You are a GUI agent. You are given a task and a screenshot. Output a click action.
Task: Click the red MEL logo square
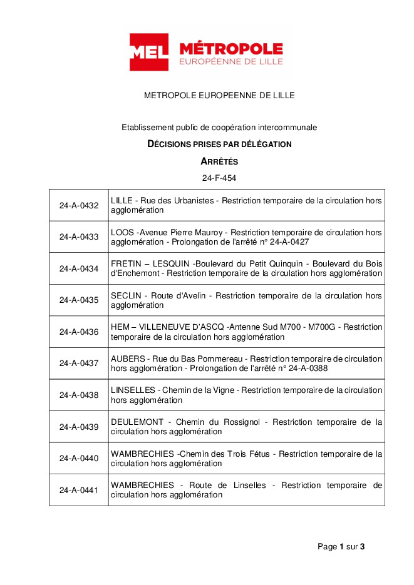pos(148,53)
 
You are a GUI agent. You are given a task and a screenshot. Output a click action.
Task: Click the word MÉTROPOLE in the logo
pos(230,49)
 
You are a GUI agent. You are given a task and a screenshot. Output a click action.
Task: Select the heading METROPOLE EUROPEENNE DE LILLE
pos(219,96)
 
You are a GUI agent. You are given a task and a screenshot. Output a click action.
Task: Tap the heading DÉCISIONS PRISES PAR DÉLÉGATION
pos(219,145)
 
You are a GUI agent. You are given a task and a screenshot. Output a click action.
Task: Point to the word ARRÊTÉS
pos(219,161)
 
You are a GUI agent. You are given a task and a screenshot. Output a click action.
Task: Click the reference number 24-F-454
pos(219,178)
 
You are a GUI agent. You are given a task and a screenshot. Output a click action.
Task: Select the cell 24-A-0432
pos(79,206)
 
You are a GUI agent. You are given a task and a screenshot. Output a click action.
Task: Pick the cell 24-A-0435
pos(79,300)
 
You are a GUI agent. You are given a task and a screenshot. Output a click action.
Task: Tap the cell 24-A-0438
pos(79,395)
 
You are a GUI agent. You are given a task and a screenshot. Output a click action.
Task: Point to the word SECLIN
pos(125,295)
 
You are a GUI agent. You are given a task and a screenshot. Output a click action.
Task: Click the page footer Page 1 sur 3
pos(341,547)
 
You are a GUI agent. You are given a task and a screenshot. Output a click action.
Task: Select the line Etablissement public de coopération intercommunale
pos(219,128)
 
